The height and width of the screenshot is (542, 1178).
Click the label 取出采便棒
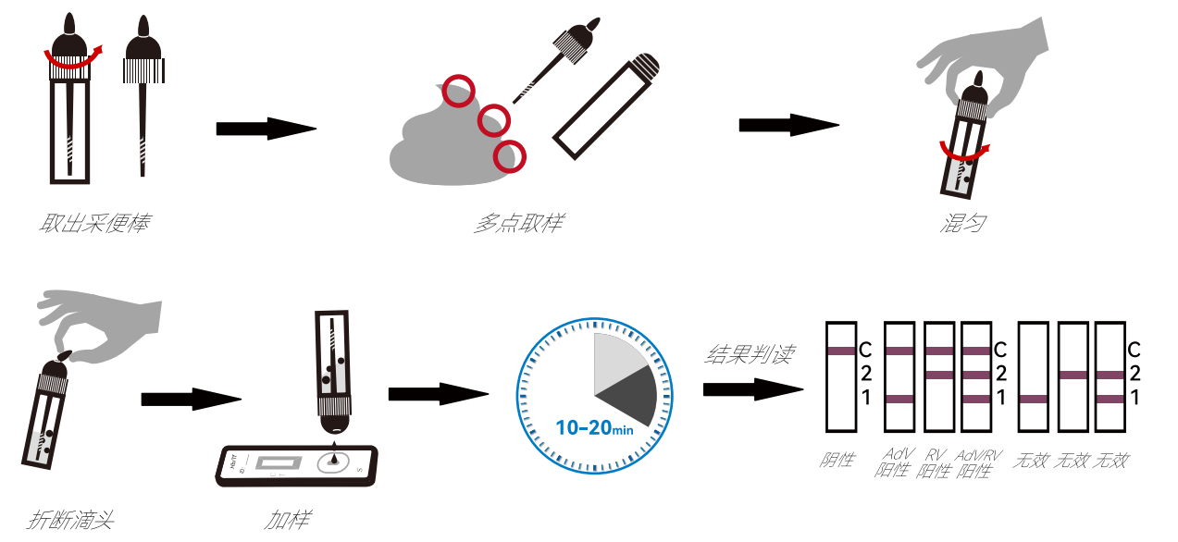coord(94,223)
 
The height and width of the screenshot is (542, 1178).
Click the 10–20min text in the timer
coord(593,427)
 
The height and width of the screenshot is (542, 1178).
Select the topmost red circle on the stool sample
coord(458,91)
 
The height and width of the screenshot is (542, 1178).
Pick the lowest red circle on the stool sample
coord(509,156)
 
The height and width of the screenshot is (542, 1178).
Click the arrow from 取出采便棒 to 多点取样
coord(267,129)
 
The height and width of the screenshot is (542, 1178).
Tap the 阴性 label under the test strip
coord(838,460)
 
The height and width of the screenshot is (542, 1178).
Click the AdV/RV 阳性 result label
coord(978,462)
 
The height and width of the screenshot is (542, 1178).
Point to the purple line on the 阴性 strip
coord(842,351)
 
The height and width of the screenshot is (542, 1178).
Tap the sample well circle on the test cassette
coord(333,462)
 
